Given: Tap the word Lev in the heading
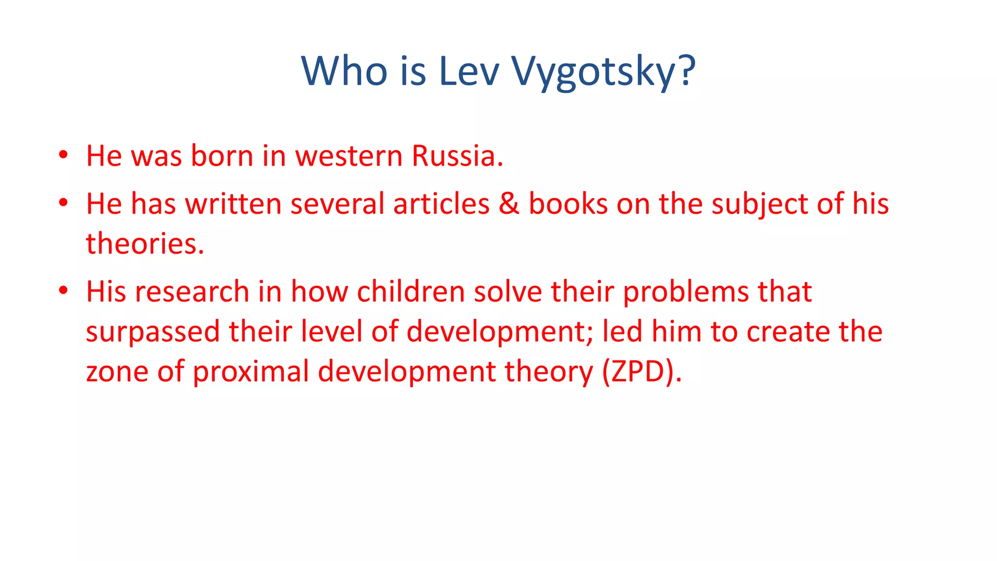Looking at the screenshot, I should (469, 72).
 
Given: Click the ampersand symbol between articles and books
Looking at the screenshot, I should (509, 204).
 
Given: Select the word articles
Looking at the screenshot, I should (441, 204).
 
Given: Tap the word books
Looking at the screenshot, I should (568, 204).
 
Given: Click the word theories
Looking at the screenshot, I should (145, 243).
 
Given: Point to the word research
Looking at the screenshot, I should (192, 292).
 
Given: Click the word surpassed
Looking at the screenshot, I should (153, 332).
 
